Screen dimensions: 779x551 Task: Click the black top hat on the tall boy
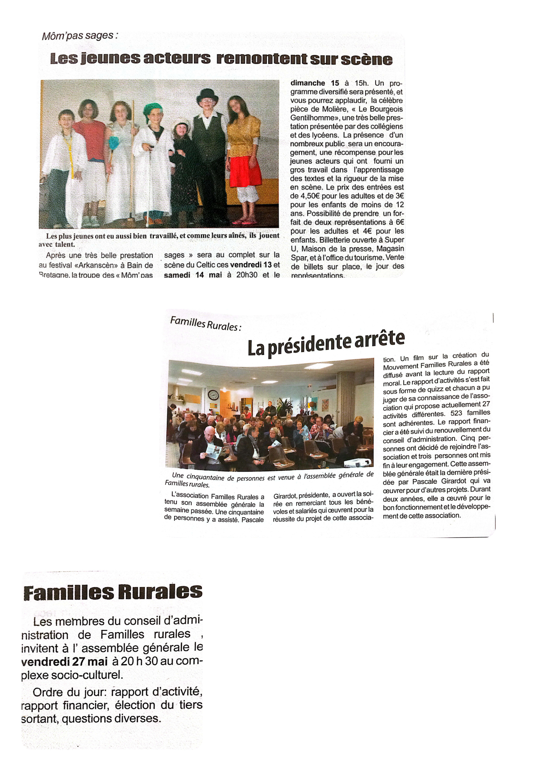point(207,95)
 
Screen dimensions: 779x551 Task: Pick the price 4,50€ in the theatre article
point(304,196)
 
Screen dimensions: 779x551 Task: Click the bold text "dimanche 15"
point(315,83)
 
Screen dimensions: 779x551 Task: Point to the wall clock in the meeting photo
point(213,395)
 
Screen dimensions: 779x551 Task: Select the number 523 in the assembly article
point(456,413)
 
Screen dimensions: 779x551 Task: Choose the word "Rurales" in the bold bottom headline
point(160,592)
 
